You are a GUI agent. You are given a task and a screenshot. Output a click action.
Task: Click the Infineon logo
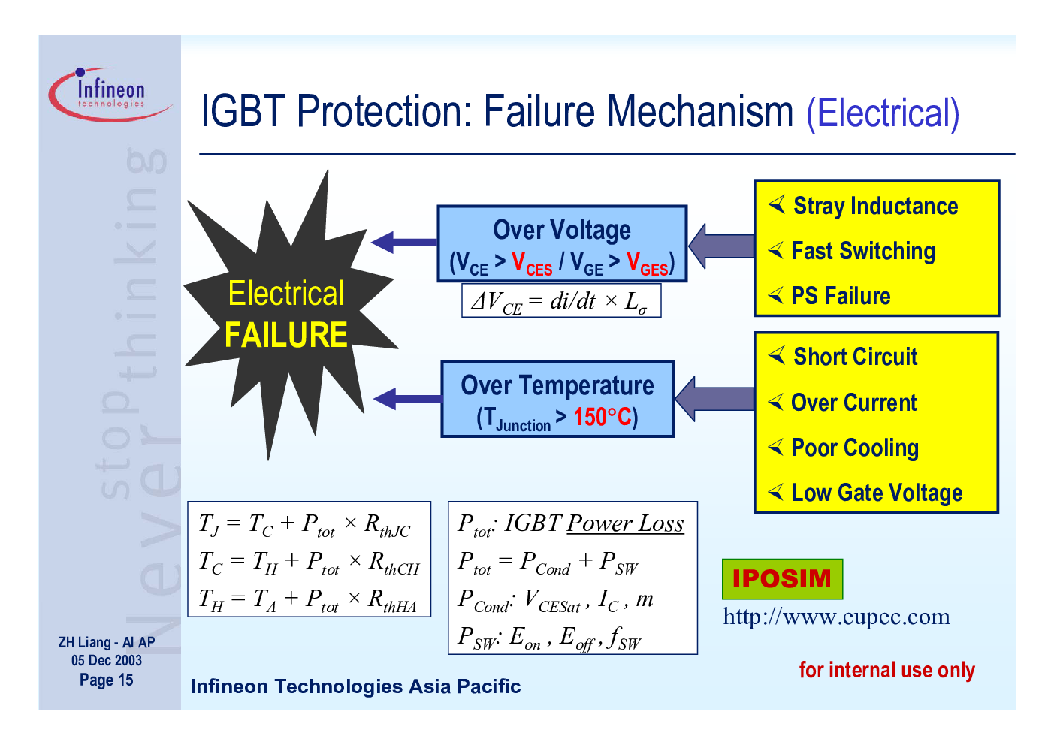point(110,94)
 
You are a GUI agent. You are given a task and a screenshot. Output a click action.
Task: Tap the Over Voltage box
point(562,243)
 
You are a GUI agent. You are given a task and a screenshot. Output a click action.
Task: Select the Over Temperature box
point(557,399)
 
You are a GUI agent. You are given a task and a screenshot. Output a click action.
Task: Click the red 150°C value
point(603,416)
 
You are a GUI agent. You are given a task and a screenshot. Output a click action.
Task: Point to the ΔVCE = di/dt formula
point(561,301)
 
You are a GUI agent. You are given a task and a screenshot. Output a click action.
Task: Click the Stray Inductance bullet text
point(875,206)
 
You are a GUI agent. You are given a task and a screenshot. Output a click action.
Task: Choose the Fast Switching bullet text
point(863,251)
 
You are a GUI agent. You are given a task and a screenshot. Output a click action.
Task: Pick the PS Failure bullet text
point(841,296)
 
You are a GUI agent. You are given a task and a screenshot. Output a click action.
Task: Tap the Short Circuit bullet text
point(855,357)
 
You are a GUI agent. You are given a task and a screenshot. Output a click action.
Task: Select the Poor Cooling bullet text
point(854,448)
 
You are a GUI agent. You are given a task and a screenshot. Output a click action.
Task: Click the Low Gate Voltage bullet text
point(877,493)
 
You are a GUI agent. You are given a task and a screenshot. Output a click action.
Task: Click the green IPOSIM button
point(783,578)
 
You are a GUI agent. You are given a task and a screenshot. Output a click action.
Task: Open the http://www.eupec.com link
point(836,616)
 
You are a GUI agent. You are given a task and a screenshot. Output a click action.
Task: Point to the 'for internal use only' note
point(887,670)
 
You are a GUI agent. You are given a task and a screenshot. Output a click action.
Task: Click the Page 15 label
point(107,680)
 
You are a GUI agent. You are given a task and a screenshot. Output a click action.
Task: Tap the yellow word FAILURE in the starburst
point(285,335)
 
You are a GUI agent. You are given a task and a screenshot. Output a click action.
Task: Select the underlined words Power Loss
point(625,523)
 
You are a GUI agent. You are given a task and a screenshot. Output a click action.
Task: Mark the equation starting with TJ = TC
point(304,524)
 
